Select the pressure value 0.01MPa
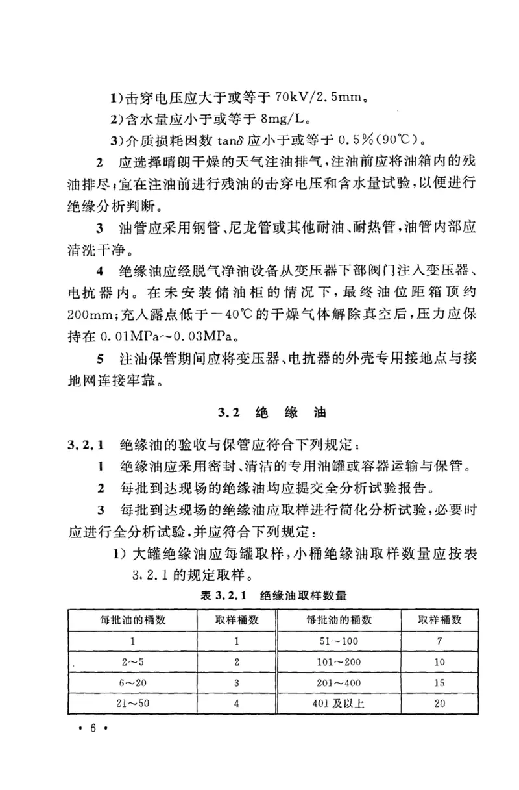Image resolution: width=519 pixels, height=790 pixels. pos(136,337)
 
